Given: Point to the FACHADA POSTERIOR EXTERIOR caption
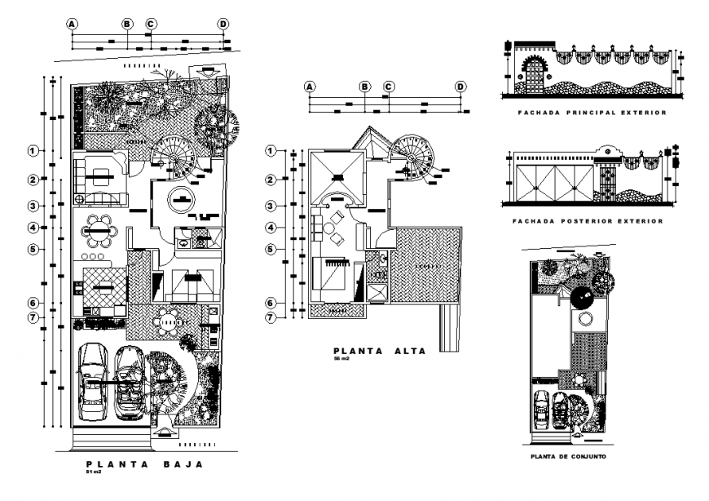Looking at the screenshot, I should pos(587,221).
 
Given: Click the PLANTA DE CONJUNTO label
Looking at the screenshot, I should pos(567,456).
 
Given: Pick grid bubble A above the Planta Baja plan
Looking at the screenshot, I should pos(73,24).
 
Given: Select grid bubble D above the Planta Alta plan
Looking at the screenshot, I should pos(460,86).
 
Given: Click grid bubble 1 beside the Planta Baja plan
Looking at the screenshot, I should pos(33,151).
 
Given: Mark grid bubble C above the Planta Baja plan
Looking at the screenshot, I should pos(151,24).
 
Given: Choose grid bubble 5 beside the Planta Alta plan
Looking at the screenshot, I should pos(271,249).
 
